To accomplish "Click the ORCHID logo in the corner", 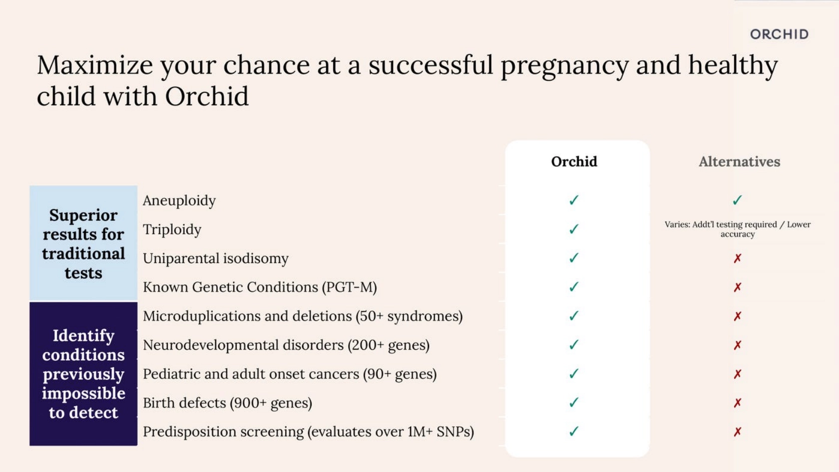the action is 779,34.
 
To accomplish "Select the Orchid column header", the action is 574,162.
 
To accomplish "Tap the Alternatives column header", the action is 739,162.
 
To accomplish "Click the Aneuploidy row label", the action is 179,201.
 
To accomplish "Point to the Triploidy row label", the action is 172,230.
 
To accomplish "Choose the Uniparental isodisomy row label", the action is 216,258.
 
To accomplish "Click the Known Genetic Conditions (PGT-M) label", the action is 260,287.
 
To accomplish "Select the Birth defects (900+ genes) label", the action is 227,403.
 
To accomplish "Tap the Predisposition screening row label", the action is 308,432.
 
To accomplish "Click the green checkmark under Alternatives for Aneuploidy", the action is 737,200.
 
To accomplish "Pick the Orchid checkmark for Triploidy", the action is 574,229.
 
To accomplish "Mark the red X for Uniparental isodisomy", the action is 738,258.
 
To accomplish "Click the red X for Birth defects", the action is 738,403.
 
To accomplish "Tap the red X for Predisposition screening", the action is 738,432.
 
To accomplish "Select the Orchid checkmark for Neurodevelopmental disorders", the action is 574,345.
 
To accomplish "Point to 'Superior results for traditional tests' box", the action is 83,243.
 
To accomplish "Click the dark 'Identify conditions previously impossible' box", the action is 83,374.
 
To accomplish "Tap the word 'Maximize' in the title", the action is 95,65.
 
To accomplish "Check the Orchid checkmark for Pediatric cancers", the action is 574,374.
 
